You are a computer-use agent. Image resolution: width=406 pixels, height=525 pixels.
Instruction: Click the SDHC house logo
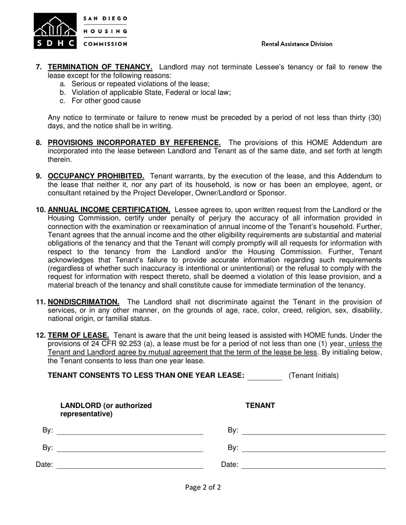click(55, 31)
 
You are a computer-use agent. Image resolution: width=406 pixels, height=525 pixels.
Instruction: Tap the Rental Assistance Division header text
click(297, 44)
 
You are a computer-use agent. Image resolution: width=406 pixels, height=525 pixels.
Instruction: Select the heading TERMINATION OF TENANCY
click(100, 67)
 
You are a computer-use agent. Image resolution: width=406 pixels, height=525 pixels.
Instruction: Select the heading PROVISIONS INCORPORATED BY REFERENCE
click(134, 143)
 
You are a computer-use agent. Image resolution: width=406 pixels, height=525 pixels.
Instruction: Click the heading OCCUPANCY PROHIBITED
click(96, 176)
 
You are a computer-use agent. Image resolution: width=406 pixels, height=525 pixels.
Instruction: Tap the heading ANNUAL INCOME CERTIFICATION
click(109, 210)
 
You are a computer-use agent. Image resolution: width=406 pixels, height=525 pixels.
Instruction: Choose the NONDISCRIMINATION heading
click(83, 302)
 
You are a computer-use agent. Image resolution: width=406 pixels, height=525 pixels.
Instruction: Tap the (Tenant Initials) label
click(314, 376)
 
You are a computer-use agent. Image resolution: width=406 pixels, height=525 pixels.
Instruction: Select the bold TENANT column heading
click(260, 405)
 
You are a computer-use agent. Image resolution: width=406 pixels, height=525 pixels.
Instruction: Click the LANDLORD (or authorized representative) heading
click(106, 410)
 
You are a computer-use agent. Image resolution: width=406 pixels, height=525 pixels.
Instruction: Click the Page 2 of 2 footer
click(203, 487)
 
